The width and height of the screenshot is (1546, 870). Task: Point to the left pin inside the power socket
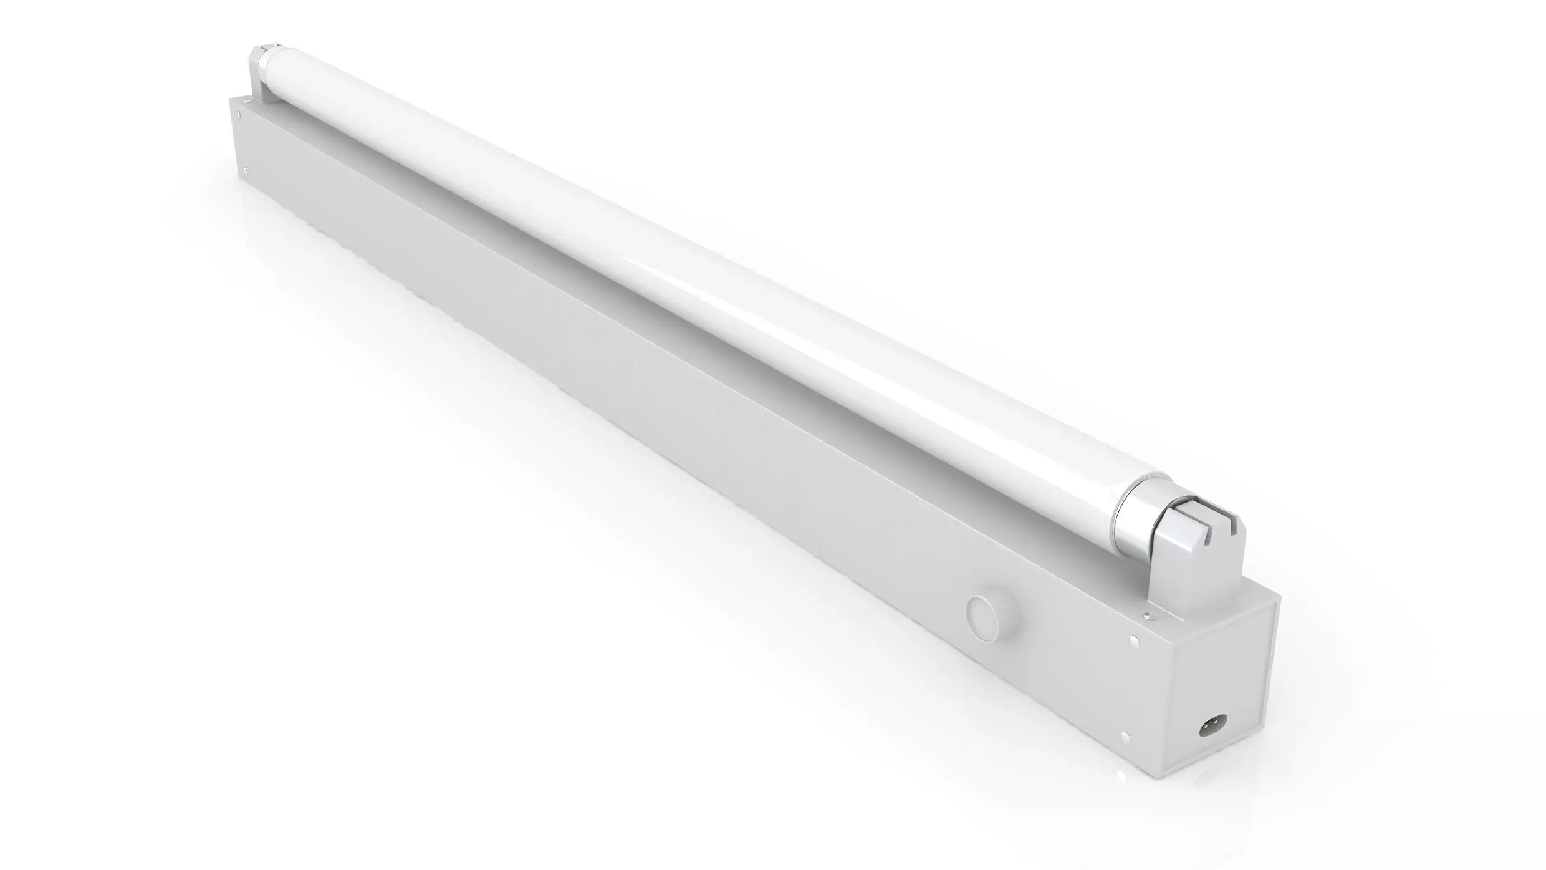pos(1206,727)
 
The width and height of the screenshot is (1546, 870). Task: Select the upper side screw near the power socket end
pos(1135,641)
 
